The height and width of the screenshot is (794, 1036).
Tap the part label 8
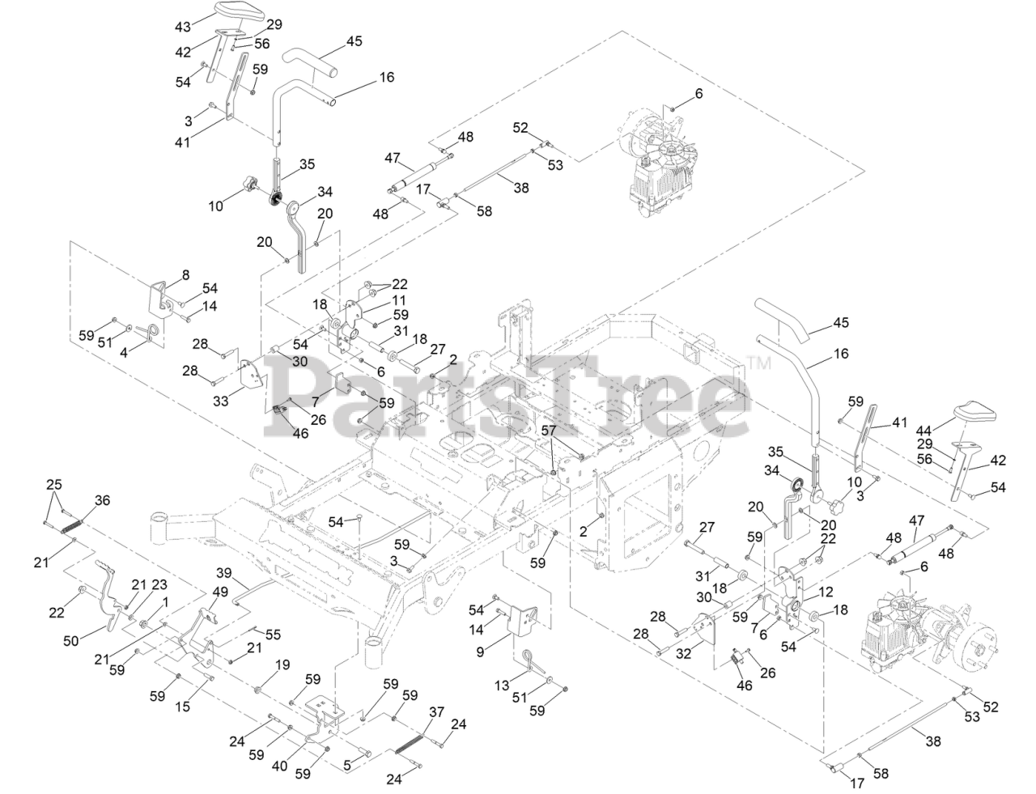(185, 275)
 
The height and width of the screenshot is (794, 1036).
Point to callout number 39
(223, 572)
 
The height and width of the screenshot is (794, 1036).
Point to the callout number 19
(282, 665)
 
